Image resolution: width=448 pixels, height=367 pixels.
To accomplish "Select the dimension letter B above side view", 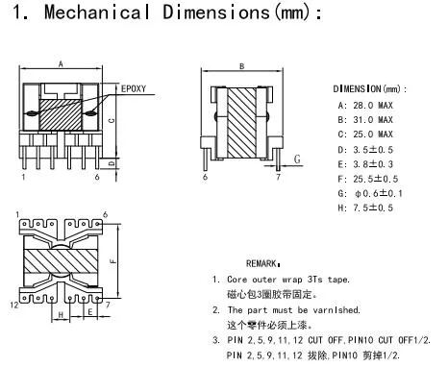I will click(241, 65).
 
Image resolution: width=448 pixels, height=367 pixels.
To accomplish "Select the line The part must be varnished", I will click(288, 311).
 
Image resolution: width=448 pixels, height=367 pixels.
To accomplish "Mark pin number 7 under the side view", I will click(278, 178).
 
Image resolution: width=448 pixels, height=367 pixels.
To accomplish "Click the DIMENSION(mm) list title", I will click(370, 87).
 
